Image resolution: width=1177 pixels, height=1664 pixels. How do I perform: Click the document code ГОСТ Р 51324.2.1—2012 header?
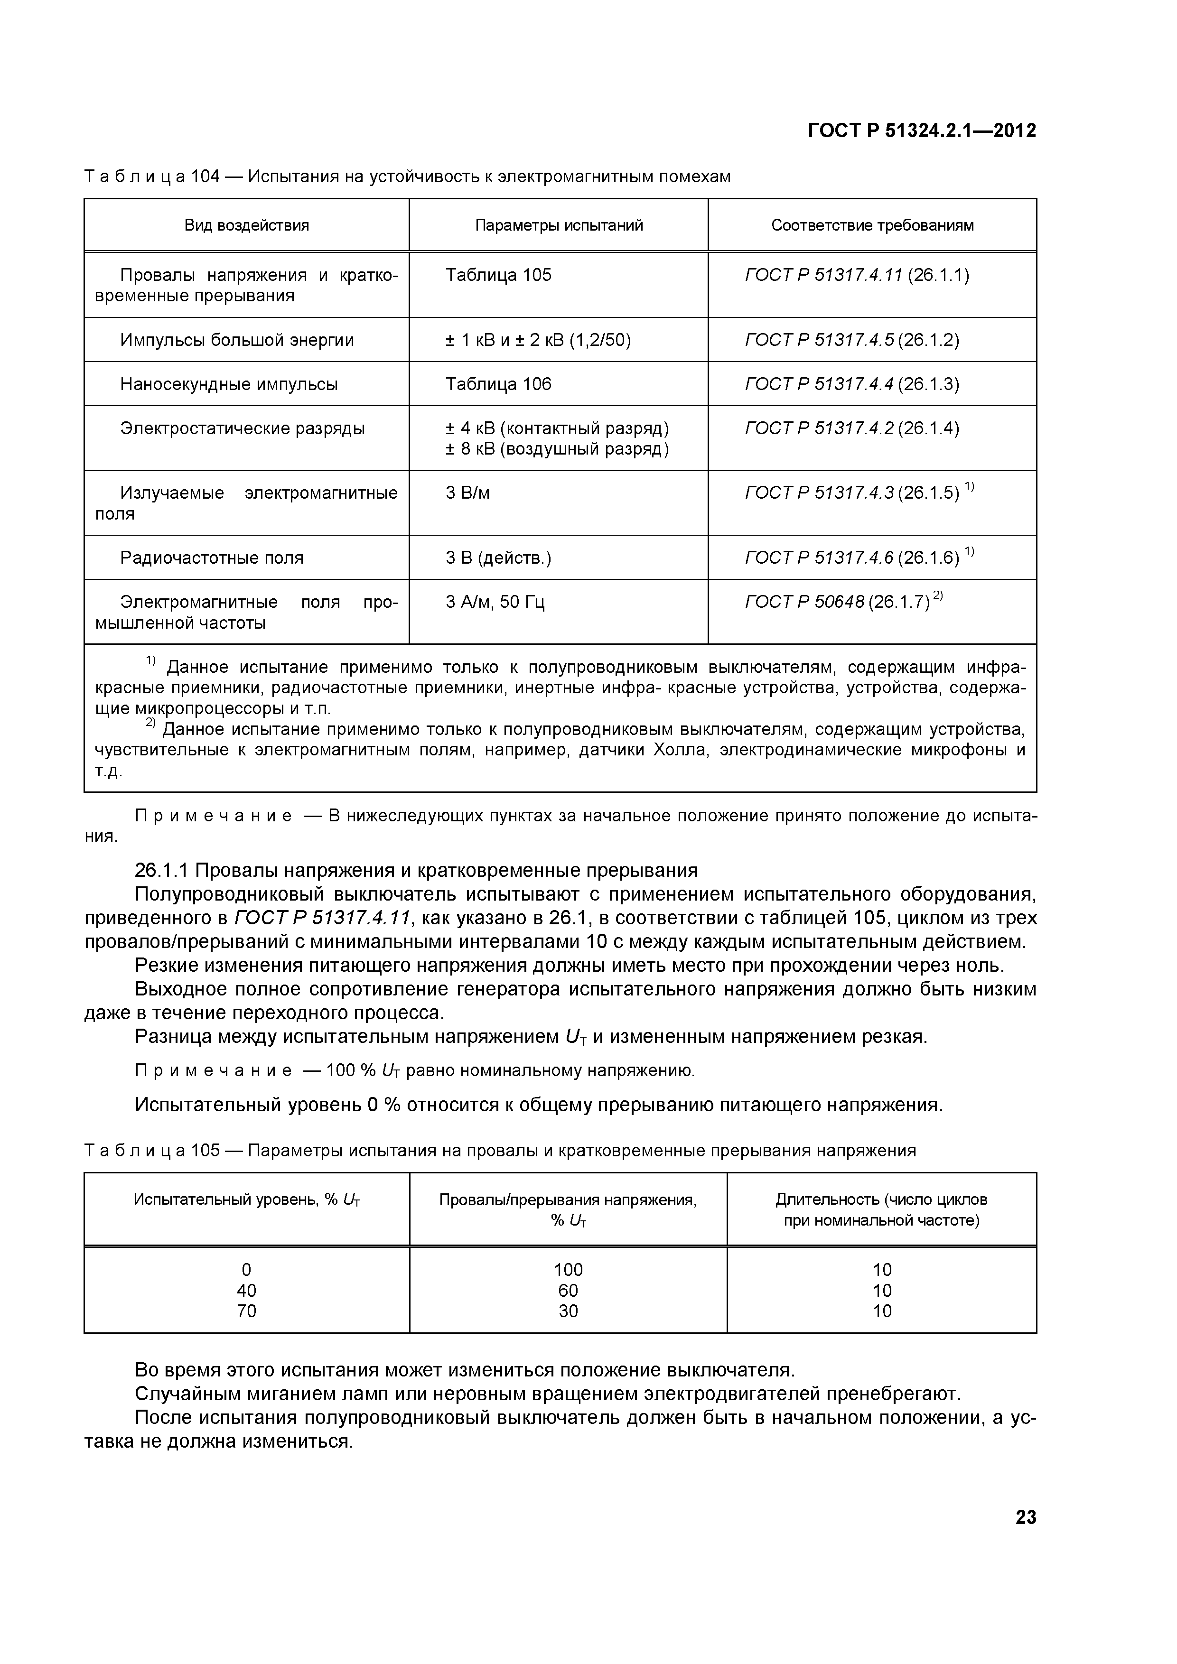(922, 131)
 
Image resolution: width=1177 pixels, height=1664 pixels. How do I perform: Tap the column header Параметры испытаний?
(559, 225)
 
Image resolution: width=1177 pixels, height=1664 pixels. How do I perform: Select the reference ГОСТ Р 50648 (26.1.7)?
(837, 602)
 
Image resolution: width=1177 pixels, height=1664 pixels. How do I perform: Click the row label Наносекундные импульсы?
(229, 384)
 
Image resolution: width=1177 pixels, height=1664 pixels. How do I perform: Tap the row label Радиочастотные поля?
(212, 558)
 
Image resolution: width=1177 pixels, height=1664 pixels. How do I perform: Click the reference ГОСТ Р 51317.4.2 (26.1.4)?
(851, 428)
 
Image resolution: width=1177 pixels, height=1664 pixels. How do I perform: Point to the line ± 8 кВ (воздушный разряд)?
(557, 449)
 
